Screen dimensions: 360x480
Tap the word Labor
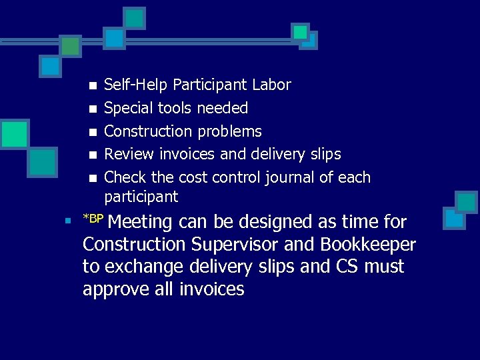pos(271,85)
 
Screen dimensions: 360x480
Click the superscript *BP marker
pos(93,218)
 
